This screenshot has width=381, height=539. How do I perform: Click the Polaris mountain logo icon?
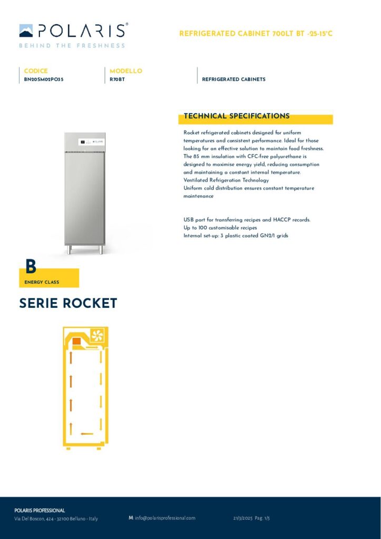coord(26,31)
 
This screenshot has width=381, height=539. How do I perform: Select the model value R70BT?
coord(117,79)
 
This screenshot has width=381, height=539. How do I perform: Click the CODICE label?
coord(36,71)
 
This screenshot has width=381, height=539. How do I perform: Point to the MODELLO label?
coord(126,71)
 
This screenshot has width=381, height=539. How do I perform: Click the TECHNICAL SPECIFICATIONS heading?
coord(236,116)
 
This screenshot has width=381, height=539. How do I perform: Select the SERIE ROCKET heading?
coord(68,304)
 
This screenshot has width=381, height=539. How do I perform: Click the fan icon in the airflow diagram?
coord(98,335)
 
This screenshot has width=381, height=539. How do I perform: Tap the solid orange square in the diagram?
coord(76,342)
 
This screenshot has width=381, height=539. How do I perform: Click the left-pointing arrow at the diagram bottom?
coord(87,434)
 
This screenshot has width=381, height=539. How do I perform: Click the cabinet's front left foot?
coord(69,251)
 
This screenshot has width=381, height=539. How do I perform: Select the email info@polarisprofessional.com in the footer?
coord(165,518)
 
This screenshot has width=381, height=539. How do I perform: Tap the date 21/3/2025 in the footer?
coord(243,518)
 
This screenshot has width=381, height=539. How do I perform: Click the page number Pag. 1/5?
coord(262,518)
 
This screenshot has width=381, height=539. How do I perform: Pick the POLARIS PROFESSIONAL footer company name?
coord(39,511)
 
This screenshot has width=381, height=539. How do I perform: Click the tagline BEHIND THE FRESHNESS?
coord(72,46)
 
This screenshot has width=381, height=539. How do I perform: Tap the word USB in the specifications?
coord(188,219)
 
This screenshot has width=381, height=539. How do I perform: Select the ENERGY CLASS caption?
coord(42,282)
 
